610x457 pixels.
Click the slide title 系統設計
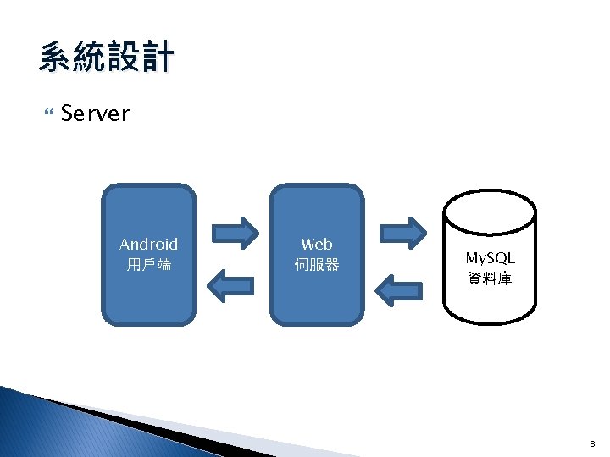[106, 58]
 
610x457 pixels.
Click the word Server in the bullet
[95, 113]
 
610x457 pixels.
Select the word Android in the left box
[148, 245]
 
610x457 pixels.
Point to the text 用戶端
[148, 265]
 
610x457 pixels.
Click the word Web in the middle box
[317, 245]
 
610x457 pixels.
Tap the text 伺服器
[317, 265]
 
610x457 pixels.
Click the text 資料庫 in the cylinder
[490, 278]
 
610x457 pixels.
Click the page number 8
[593, 442]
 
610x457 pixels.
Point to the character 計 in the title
[158, 58]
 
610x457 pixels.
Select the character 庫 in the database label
[505, 278]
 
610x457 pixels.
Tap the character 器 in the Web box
[332, 265]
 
